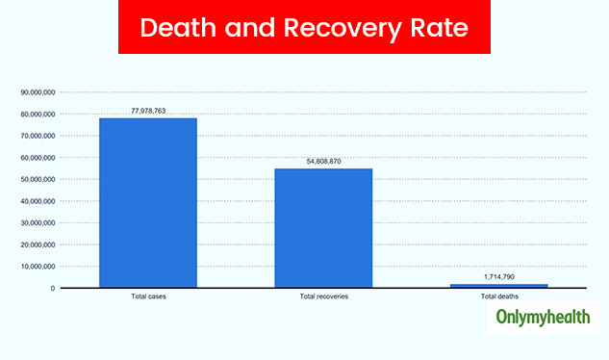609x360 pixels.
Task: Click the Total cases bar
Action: click(148, 202)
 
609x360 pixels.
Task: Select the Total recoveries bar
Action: click(323, 227)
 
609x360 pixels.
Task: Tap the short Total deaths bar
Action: click(499, 285)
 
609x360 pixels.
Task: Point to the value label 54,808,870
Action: click(323, 162)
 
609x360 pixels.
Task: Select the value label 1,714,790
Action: click(499, 277)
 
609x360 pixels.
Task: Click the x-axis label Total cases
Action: click(148, 296)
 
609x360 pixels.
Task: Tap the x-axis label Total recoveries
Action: click(323, 296)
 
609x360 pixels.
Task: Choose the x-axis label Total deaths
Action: click(499, 296)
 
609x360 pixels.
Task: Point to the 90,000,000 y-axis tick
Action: click(38, 92)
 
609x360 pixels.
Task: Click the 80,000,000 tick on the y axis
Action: click(38, 115)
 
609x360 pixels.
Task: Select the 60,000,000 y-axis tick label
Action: click(38, 158)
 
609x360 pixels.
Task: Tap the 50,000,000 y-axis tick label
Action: click(38, 180)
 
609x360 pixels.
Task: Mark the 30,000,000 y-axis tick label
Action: click(38, 223)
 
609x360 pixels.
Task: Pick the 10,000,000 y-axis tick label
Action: click(38, 267)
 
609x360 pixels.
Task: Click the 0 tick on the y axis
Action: click(53, 288)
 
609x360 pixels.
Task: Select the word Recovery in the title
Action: click(337, 28)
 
